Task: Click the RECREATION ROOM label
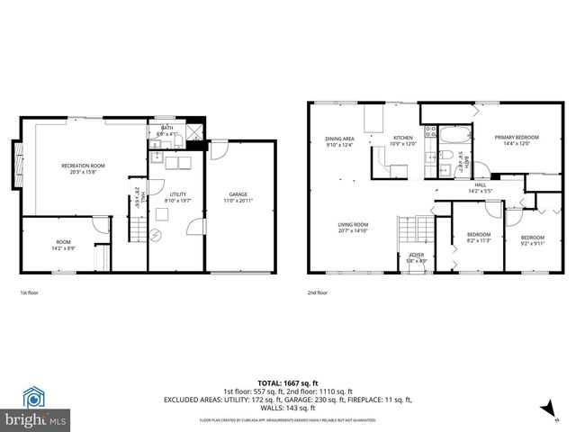click(84, 166)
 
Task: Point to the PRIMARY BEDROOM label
click(517, 137)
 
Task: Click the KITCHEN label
click(401, 138)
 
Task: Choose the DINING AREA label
click(340, 139)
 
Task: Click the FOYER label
click(416, 255)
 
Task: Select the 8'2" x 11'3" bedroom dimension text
click(478, 241)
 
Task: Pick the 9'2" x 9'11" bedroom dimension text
click(533, 242)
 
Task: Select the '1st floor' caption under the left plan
click(30, 292)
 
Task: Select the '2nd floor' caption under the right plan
click(318, 292)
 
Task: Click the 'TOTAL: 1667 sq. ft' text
click(287, 383)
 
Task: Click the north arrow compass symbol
click(544, 409)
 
